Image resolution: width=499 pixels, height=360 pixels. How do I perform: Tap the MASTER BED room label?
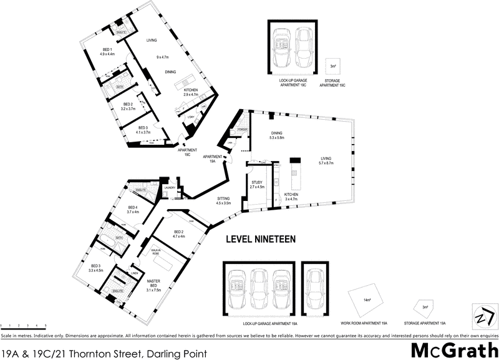pyautogui.click(x=153, y=285)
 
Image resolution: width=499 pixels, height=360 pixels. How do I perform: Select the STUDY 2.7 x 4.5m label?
pyautogui.click(x=257, y=184)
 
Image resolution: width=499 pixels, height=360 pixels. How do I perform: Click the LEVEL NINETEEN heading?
pyautogui.click(x=259, y=239)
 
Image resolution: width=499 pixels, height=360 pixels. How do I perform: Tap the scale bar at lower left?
pyautogui.click(x=24, y=325)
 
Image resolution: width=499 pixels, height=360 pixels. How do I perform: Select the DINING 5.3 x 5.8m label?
pyautogui.click(x=277, y=135)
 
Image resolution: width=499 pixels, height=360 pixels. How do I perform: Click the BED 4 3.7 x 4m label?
pyautogui.click(x=132, y=210)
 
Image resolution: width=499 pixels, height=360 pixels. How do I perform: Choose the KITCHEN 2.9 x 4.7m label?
pyautogui.click(x=190, y=92)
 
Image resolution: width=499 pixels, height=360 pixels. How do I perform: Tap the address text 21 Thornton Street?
pyautogui.click(x=103, y=353)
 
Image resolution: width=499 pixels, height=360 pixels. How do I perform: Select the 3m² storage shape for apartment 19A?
pyautogui.click(x=425, y=307)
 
